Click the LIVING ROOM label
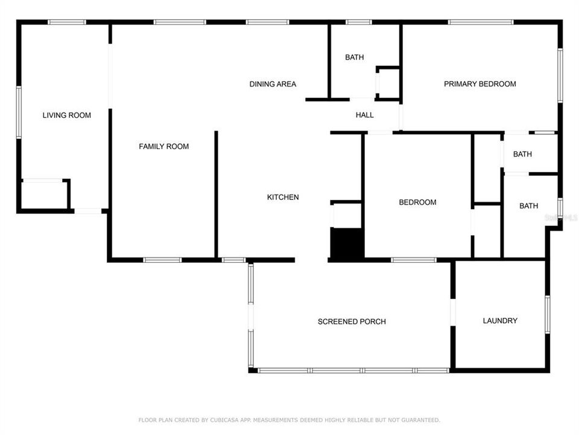click(66, 115)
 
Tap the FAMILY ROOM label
click(163, 146)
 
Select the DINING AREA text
click(273, 84)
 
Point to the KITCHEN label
click(283, 197)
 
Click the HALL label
click(364, 115)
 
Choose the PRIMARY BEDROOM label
click(479, 84)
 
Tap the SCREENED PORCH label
click(352, 321)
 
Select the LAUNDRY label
click(500, 321)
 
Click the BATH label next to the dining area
click(354, 57)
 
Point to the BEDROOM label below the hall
click(417, 202)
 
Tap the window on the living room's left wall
click(19, 112)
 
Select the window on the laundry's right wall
click(547, 314)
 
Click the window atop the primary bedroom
click(480, 22)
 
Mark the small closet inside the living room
click(44, 194)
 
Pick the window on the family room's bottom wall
click(162, 260)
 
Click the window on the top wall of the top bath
click(358, 22)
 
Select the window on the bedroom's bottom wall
click(413, 260)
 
